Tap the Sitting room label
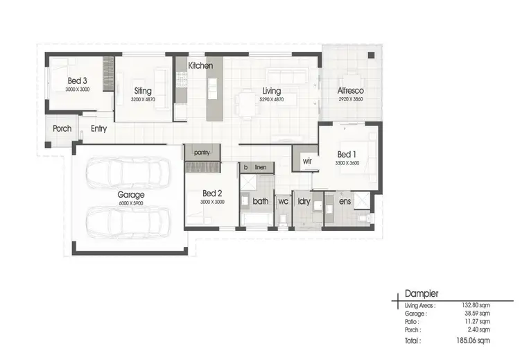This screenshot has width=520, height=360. coord(143,91)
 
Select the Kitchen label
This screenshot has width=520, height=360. coord(200,66)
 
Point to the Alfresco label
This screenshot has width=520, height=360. coord(351,91)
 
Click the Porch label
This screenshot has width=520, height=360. coord(62,128)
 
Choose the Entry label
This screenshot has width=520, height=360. coord(98,128)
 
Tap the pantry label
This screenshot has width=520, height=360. coord(202,152)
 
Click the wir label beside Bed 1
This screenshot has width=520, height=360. coord(306,161)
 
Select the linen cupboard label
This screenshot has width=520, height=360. coord(261,168)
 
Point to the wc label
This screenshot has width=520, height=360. coord(283,202)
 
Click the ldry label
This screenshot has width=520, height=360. coord(304,202)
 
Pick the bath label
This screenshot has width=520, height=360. coord(261,202)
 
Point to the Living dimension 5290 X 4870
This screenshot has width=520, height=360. coord(270,99)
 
